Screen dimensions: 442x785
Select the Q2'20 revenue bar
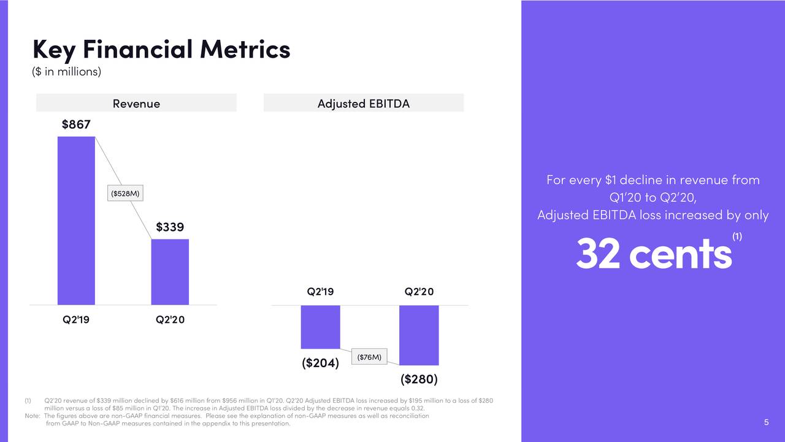pyautogui.click(x=170, y=271)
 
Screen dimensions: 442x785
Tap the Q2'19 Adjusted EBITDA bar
pyautogui.click(x=320, y=327)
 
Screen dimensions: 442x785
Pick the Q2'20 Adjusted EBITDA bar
pyautogui.click(x=419, y=335)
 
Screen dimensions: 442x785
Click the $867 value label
pyautogui.click(x=76, y=125)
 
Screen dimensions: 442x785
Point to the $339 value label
pyautogui.click(x=170, y=227)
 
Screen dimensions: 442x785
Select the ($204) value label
pyautogui.click(x=320, y=363)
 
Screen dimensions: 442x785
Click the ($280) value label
pyautogui.click(x=419, y=379)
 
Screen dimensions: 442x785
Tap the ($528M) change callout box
pyautogui.click(x=125, y=193)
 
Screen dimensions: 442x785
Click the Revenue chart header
pyautogui.click(x=136, y=103)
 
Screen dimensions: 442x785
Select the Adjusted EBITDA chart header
pyautogui.click(x=363, y=103)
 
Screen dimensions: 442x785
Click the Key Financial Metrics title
pyautogui.click(x=161, y=48)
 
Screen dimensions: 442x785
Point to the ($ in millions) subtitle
pyautogui.click(x=66, y=72)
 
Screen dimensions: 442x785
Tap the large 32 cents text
pyautogui.click(x=653, y=254)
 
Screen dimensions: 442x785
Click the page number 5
pyautogui.click(x=766, y=422)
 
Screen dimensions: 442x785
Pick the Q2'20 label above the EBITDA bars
pyautogui.click(x=419, y=292)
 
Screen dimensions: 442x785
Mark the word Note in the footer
pyautogui.click(x=32, y=416)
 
